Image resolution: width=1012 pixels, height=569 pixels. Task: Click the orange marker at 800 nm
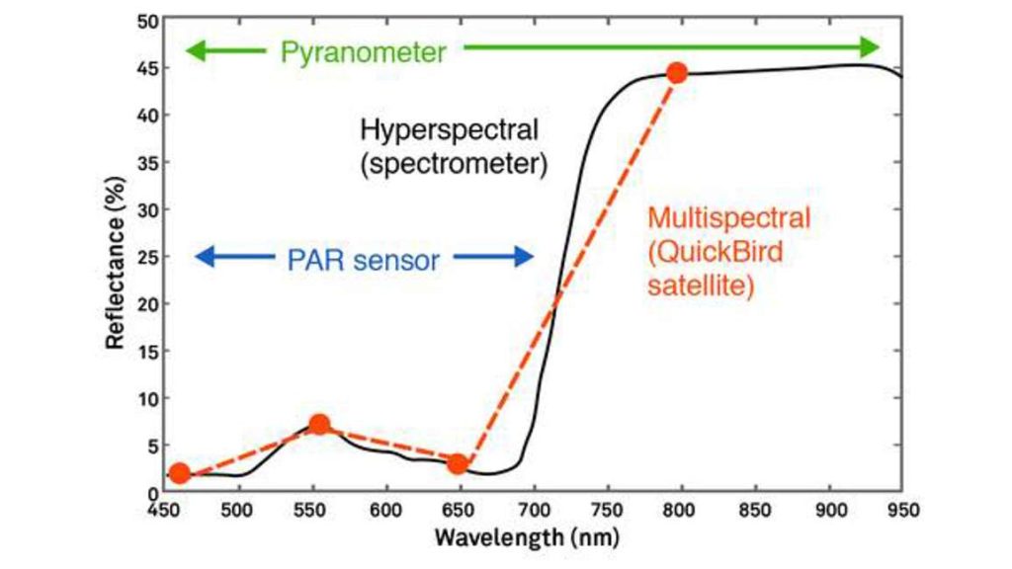pyautogui.click(x=677, y=73)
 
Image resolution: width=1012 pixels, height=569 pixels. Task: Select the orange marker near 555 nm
pyautogui.click(x=319, y=425)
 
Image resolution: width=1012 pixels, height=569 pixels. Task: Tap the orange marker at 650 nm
pyautogui.click(x=457, y=463)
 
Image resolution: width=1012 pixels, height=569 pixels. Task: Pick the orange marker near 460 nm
pyautogui.click(x=179, y=473)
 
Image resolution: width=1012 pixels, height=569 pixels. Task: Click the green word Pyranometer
pyautogui.click(x=363, y=52)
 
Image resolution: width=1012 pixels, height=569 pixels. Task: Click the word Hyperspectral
pyautogui.click(x=450, y=129)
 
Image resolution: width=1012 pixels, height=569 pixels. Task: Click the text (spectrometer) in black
pyautogui.click(x=454, y=163)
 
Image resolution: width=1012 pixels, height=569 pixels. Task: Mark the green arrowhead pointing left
pyautogui.click(x=196, y=50)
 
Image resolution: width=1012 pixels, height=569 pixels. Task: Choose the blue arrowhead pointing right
pyautogui.click(x=523, y=258)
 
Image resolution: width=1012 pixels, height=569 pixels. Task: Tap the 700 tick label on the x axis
pyautogui.click(x=534, y=511)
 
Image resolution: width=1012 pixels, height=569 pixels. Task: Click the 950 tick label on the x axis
pyautogui.click(x=900, y=511)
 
